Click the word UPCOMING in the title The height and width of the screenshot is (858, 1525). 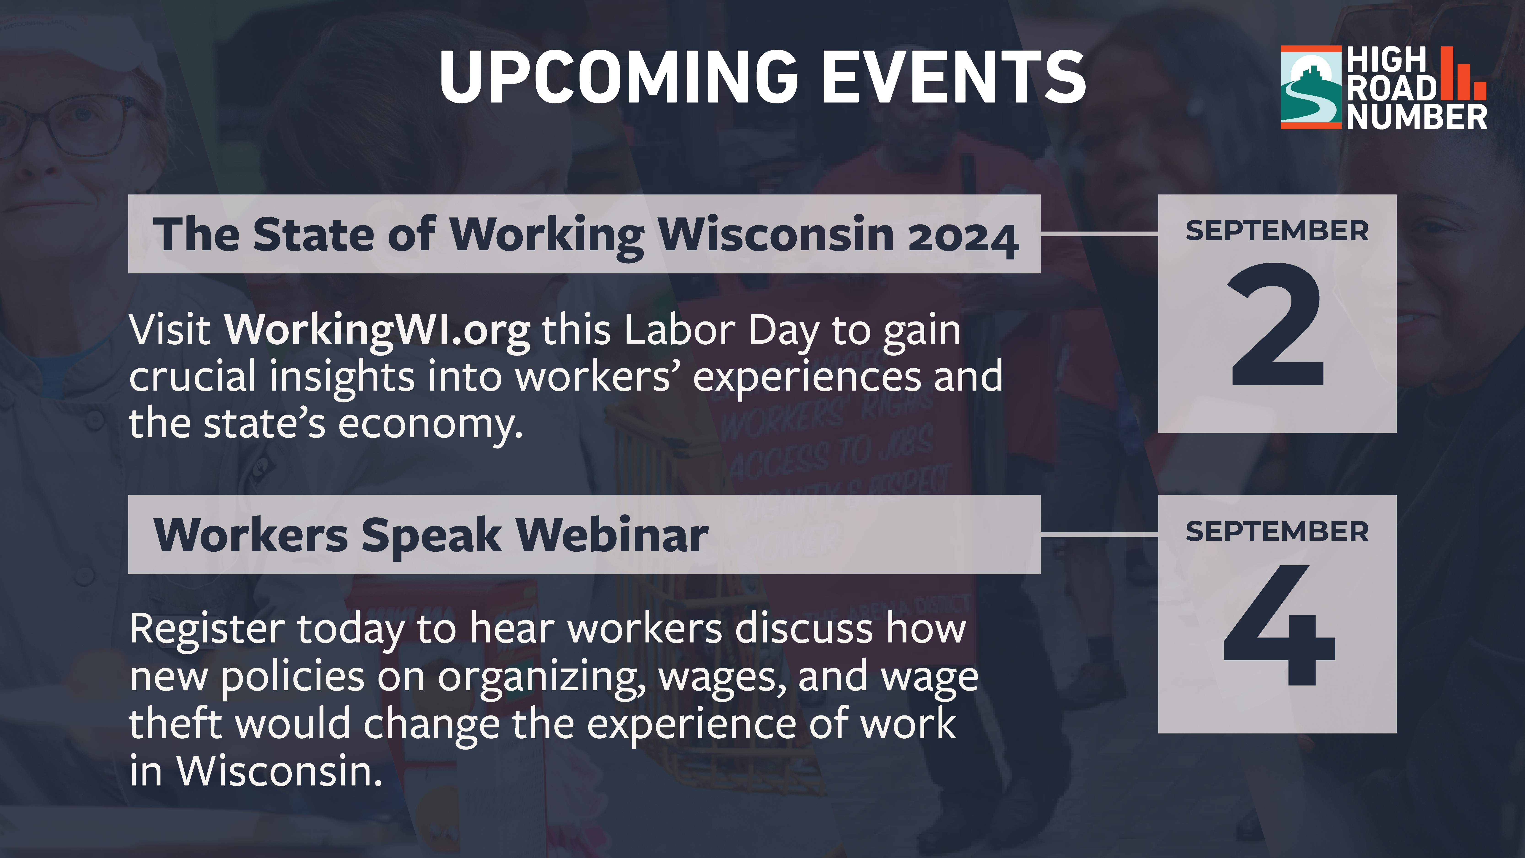coord(619,76)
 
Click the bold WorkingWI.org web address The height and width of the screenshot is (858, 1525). coord(377,331)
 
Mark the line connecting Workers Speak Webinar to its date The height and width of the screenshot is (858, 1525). coord(1099,535)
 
